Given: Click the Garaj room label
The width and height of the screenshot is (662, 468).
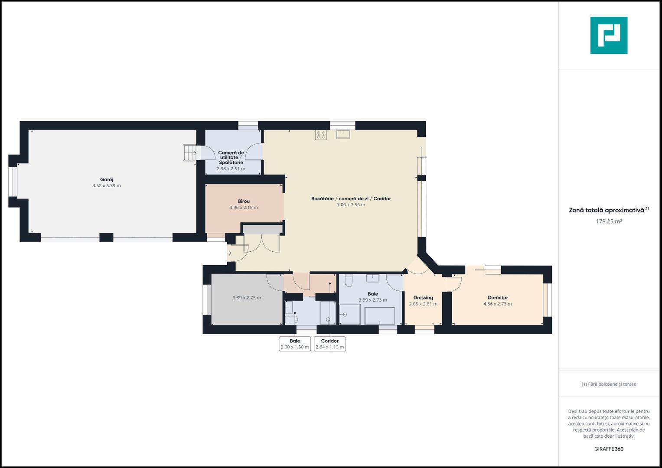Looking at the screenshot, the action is (106, 179).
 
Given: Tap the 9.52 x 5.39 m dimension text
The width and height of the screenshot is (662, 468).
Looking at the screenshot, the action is (106, 185).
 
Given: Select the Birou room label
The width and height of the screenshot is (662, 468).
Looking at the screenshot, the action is (244, 201).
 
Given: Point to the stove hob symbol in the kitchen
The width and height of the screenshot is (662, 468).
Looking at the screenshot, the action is (321, 135).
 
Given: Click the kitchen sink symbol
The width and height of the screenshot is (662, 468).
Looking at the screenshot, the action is (343, 134).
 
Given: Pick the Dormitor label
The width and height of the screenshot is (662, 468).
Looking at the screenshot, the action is (498, 298).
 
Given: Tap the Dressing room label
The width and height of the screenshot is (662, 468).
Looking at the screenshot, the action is (423, 298).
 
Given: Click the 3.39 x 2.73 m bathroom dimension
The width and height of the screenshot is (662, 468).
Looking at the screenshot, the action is (373, 300).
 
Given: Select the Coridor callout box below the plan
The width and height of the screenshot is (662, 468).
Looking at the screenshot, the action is (330, 344).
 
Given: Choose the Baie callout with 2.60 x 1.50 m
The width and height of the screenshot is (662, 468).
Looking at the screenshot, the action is (295, 344).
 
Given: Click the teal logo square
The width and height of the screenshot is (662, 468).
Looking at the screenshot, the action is (609, 36).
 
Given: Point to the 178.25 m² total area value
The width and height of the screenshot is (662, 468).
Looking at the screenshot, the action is (609, 221).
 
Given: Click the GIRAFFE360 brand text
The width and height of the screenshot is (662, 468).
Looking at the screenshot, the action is (609, 449).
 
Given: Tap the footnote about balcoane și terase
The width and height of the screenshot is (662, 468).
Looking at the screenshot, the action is (609, 384).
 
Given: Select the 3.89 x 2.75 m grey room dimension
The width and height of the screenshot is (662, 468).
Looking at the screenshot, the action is (247, 298).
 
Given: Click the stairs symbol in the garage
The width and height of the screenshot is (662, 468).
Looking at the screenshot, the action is (190, 153).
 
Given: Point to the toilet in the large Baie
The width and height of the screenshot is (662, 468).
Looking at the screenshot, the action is (349, 281).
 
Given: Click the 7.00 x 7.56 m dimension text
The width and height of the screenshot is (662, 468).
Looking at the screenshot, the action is (351, 205).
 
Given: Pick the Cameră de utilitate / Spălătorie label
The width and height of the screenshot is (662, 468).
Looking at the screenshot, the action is (231, 157).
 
